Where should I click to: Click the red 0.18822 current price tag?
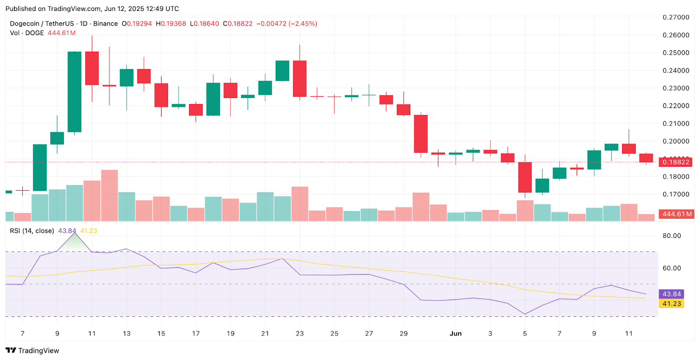(x=676, y=162)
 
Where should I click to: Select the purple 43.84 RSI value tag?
(x=672, y=294)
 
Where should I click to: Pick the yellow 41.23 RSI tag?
(x=672, y=304)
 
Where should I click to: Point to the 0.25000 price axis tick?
(x=676, y=52)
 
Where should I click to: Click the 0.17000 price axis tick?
(x=676, y=194)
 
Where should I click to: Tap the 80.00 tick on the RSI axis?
(x=672, y=235)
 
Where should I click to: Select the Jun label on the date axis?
(x=455, y=333)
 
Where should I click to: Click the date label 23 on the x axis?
(x=300, y=333)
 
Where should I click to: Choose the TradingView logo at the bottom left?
(x=32, y=350)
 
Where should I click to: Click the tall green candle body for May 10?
(x=74, y=92)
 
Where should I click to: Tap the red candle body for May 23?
(x=300, y=79)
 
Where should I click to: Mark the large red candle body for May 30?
(x=421, y=134)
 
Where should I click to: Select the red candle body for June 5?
(x=525, y=177)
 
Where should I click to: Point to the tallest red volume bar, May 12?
(x=109, y=195)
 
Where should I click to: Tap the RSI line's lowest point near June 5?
(x=525, y=314)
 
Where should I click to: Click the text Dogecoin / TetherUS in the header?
(x=42, y=24)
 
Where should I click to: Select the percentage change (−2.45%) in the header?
(x=303, y=24)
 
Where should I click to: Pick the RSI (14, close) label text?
(x=32, y=231)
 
